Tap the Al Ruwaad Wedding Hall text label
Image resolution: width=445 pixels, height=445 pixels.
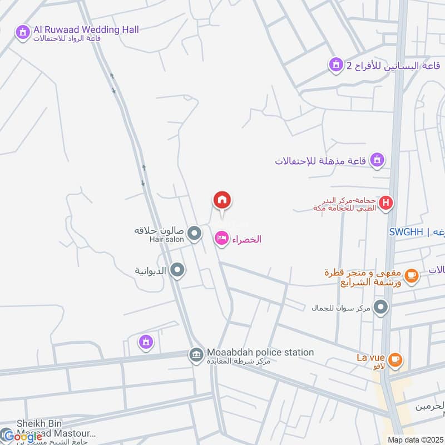click(86, 29)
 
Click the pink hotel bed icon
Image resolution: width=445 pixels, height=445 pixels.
click(222, 239)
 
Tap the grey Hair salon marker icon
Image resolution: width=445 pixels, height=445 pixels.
click(194, 234)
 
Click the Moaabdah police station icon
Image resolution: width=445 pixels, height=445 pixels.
click(196, 354)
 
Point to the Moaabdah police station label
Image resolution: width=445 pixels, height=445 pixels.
click(260, 353)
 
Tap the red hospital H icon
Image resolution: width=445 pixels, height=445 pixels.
click(385, 204)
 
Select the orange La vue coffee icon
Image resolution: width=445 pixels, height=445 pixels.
click(395, 359)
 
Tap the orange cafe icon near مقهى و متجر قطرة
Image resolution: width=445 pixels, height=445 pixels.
click(411, 275)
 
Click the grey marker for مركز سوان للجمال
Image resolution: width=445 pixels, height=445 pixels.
click(381, 307)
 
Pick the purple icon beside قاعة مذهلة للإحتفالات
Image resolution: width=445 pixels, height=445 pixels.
click(378, 161)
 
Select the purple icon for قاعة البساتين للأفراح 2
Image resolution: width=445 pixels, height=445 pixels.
click(335, 66)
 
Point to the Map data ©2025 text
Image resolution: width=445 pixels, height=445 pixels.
click(415, 439)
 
